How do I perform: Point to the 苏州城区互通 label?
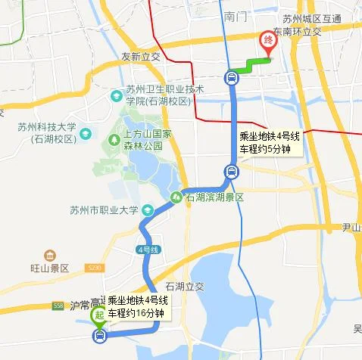[x=311, y=19]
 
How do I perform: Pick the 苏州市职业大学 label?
[x=103, y=210]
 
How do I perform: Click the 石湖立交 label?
[x=185, y=287]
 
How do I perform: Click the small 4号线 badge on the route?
[x=147, y=249]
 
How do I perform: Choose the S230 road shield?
[x=93, y=268]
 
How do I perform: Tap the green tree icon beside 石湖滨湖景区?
[x=176, y=197]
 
